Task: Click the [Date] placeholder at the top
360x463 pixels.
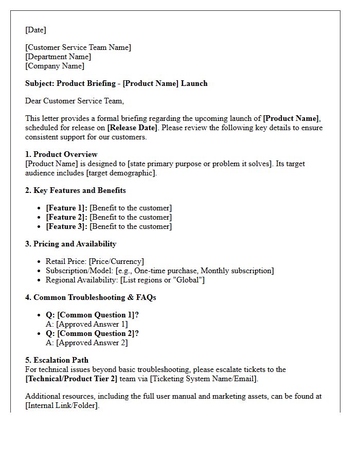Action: coord(35,30)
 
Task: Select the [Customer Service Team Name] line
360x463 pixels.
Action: coord(78,47)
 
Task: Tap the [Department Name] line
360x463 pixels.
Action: coord(58,57)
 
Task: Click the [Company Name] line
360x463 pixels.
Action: coord(55,66)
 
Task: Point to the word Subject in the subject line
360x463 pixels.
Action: coord(40,83)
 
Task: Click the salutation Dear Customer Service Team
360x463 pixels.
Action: coord(75,101)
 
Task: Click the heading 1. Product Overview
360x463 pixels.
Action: coord(61,154)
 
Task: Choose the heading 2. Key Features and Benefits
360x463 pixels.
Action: coord(76,190)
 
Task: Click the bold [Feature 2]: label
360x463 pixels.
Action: coord(67,217)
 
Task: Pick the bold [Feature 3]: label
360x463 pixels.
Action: coord(67,226)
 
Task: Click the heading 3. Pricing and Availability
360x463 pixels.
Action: coord(71,244)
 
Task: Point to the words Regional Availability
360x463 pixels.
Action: coord(81,280)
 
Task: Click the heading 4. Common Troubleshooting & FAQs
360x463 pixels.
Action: coord(91,297)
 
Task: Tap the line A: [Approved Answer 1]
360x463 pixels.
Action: coord(86,324)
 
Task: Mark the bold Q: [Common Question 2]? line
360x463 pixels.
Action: coord(92,333)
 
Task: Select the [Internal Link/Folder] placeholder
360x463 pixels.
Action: coord(62,405)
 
